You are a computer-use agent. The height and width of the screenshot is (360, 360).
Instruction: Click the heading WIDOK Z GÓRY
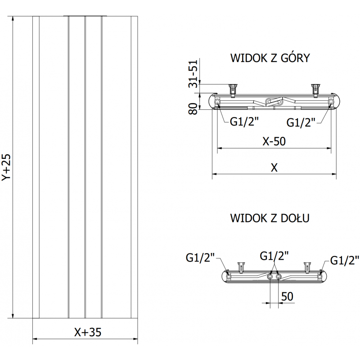[270, 58]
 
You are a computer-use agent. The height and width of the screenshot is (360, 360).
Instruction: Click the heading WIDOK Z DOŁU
[270, 219]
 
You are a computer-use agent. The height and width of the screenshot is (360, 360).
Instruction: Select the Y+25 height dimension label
[6, 167]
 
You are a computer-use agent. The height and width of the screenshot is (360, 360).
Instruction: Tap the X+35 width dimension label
[88, 332]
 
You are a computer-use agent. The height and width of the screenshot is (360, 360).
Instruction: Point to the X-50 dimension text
[274, 141]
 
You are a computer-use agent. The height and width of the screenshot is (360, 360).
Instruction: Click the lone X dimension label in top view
[274, 167]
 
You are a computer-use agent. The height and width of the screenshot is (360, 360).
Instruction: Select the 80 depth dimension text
[193, 108]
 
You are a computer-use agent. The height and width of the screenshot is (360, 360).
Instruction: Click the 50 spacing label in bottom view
[287, 296]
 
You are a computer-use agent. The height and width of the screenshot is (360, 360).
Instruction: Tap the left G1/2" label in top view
[244, 122]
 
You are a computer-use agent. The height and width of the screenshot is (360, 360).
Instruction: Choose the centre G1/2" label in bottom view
[274, 256]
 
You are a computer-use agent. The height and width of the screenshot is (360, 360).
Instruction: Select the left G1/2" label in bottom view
[200, 258]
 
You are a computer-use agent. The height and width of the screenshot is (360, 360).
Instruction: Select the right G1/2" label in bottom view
[345, 260]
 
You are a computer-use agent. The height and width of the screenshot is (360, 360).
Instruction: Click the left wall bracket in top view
[233, 90]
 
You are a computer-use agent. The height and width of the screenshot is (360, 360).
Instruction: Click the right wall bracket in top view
[315, 90]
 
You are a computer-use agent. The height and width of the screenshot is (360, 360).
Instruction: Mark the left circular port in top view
[218, 103]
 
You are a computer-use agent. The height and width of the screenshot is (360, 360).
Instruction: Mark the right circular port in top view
[331, 103]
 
